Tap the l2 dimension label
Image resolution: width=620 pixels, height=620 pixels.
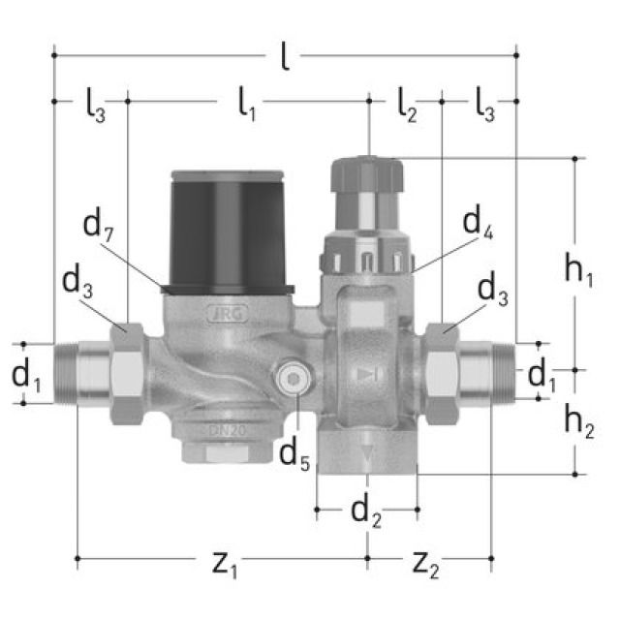tap(407, 105)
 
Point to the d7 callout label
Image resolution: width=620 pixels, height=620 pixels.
tap(97, 227)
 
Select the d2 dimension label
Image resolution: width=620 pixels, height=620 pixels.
tap(366, 511)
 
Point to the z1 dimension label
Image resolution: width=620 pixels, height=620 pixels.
tap(224, 562)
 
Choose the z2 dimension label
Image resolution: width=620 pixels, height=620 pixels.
tap(427, 562)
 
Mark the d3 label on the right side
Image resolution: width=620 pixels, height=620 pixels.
tap(495, 289)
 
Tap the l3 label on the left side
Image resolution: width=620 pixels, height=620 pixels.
tap(93, 105)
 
